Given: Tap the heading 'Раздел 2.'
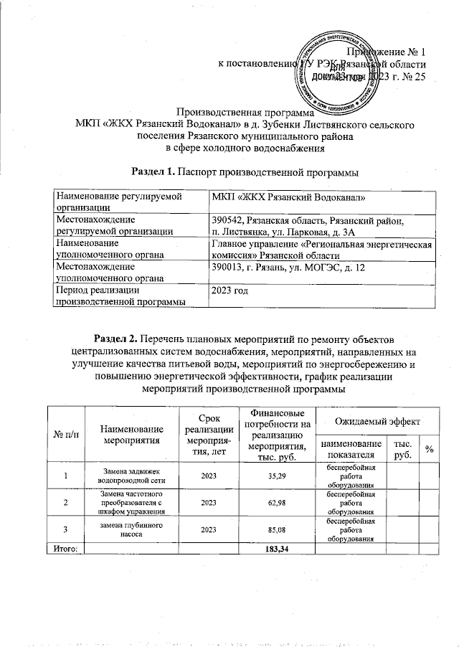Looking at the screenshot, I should click(116, 337).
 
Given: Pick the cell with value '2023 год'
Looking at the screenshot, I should click(230, 291).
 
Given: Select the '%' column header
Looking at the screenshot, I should click(430, 449).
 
